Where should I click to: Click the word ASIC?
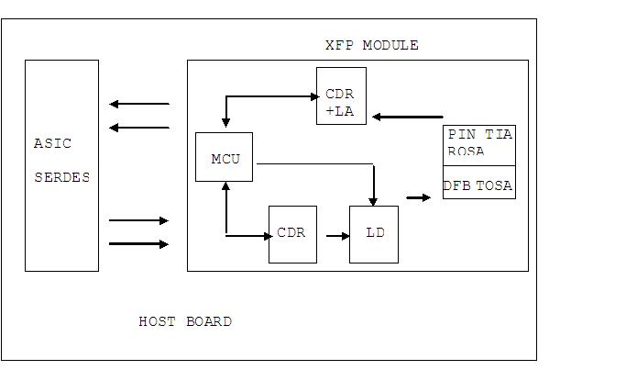52,143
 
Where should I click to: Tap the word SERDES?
61,177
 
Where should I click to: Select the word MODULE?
390,45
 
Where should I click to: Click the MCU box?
225,157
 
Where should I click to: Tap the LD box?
374,233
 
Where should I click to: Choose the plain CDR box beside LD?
292,233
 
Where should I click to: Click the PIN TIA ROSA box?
479,144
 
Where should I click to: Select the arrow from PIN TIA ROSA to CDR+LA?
408,117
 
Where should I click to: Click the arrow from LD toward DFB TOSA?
418,196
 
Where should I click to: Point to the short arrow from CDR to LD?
338,236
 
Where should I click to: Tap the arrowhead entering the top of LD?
373,200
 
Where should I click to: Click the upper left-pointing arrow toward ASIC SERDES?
138,105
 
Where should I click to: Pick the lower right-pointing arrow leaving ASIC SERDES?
138,244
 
